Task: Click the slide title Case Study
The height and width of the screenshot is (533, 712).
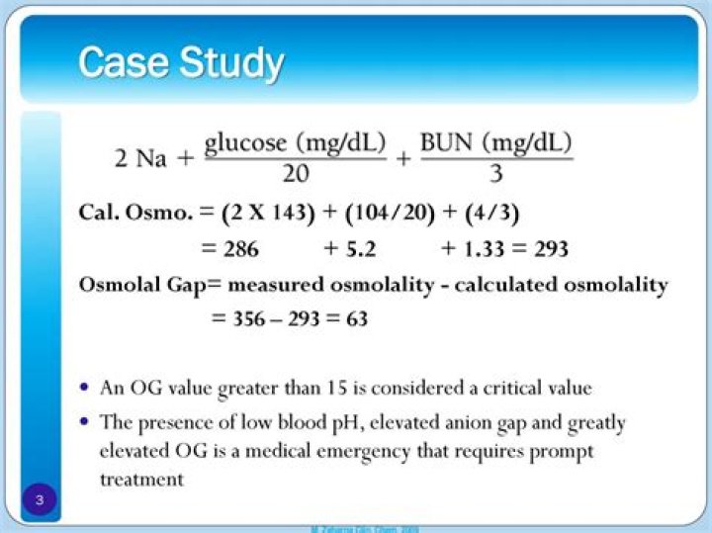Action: pyautogui.click(x=181, y=62)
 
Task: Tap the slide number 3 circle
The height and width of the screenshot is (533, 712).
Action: pyautogui.click(x=40, y=499)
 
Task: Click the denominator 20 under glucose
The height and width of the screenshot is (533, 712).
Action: pyautogui.click(x=295, y=173)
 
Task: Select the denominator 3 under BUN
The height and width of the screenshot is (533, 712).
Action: pyautogui.click(x=496, y=173)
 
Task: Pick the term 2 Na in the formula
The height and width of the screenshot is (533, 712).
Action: pyautogui.click(x=141, y=158)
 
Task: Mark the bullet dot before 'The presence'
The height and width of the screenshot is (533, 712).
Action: pyautogui.click(x=87, y=421)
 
